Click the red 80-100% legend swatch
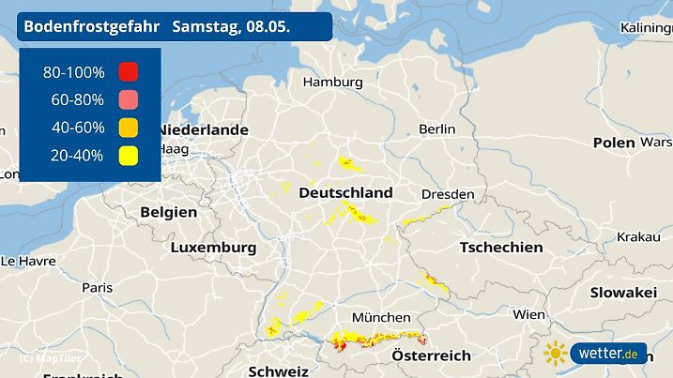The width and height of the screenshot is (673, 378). click(129, 72)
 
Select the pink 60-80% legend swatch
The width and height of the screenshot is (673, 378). click(129, 100)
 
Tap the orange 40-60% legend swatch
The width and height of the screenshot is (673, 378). click(129, 128)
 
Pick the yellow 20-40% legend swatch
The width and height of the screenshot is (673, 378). click(129, 156)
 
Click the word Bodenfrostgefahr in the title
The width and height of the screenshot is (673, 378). click(91, 26)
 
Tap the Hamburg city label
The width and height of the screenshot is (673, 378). click(332, 83)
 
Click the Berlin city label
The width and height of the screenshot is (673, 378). click(437, 129)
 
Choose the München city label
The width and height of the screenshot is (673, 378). click(379, 317)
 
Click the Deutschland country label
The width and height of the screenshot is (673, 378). click(345, 192)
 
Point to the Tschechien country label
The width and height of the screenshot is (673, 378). click(500, 247)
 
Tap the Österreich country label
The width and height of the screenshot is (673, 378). click(431, 355)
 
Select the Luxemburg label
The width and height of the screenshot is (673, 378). click(213, 248)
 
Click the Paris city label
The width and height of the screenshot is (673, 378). click(97, 287)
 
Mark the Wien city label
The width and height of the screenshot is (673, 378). click(528, 314)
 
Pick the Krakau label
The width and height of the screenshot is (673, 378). click(637, 237)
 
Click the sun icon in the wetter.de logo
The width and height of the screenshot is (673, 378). click(557, 354)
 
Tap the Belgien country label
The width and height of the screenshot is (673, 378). click(169, 212)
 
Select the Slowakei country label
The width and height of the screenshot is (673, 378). click(622, 293)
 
